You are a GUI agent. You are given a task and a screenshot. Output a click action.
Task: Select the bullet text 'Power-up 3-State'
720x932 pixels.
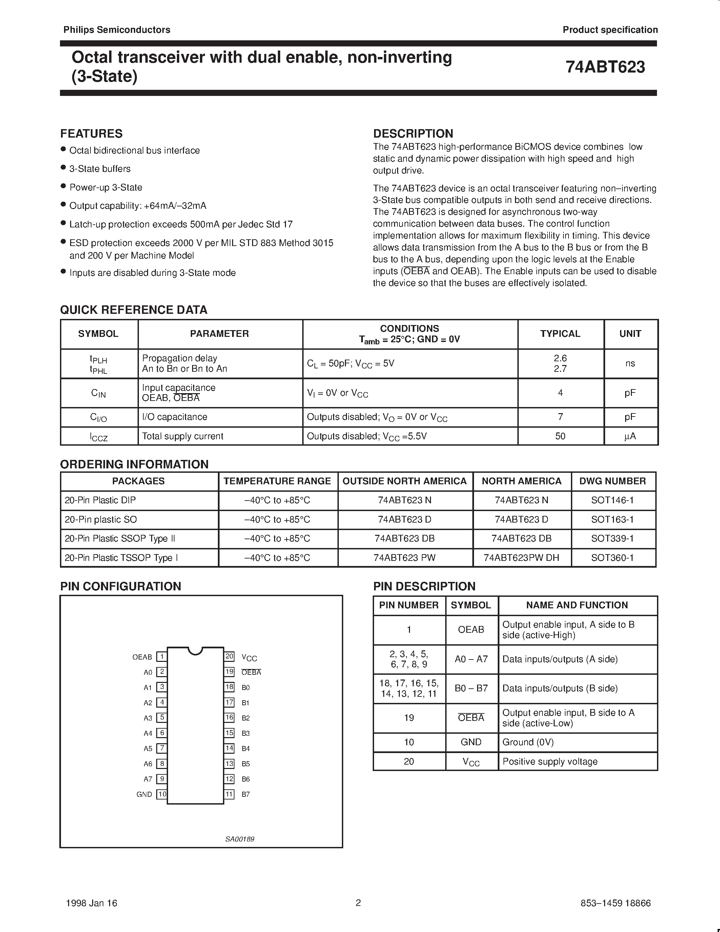click(x=106, y=187)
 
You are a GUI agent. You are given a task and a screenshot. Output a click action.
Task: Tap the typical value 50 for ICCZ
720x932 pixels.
click(x=560, y=436)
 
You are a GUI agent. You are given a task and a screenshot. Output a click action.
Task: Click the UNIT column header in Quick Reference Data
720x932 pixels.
click(x=630, y=334)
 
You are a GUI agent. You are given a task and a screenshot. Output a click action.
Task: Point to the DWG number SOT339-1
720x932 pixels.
click(x=612, y=539)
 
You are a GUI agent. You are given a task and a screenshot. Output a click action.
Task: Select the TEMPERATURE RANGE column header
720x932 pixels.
click(x=277, y=481)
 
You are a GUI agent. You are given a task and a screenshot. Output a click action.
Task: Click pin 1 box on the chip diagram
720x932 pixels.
click(x=162, y=657)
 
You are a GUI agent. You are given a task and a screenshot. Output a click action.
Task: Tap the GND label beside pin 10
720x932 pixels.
click(x=144, y=794)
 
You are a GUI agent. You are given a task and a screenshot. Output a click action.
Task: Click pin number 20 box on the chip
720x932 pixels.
click(x=229, y=656)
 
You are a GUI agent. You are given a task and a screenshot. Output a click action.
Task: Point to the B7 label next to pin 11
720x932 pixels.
click(x=246, y=794)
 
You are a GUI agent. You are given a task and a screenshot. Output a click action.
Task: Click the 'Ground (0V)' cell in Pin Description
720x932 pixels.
click(x=528, y=742)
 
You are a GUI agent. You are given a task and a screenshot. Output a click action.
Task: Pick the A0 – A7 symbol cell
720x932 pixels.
click(x=471, y=659)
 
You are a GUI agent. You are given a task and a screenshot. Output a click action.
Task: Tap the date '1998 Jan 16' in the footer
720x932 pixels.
click(x=92, y=903)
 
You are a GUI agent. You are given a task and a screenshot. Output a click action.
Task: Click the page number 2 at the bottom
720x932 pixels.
click(x=358, y=903)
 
